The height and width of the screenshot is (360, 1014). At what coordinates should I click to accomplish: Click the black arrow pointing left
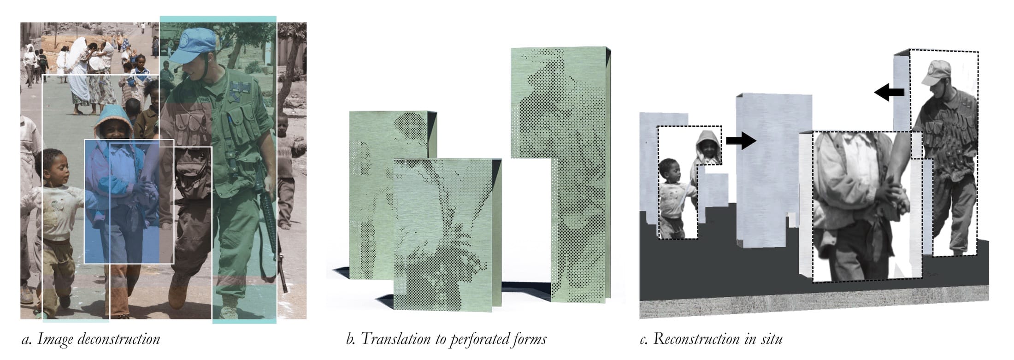(889, 92)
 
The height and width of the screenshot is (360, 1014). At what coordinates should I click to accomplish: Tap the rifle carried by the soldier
(271, 230)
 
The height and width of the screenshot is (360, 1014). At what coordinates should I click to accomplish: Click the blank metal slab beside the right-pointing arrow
(767, 171)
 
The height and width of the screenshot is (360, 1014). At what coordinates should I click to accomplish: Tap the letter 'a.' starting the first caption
(27, 340)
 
